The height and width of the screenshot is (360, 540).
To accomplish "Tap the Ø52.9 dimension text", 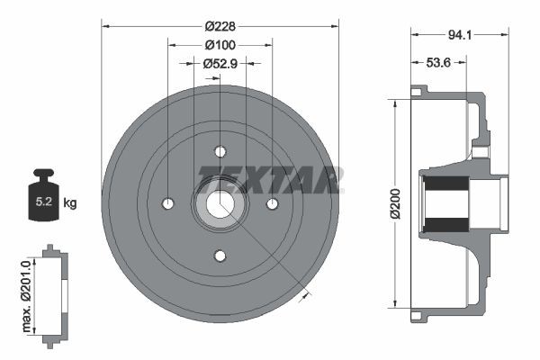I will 220,63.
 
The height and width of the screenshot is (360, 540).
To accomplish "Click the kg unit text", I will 70,202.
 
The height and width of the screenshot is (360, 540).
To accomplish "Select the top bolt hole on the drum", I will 220,151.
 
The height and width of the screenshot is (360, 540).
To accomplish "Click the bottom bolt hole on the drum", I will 220,256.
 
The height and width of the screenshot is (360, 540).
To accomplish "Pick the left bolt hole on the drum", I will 167,204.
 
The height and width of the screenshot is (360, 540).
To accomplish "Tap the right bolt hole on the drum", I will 272,204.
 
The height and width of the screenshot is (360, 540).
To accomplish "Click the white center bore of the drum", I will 220,204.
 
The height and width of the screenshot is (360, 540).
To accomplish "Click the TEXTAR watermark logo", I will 270,179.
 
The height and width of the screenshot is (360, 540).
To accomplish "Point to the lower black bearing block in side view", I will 446,223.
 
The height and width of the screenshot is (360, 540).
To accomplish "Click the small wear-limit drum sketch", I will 56,292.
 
